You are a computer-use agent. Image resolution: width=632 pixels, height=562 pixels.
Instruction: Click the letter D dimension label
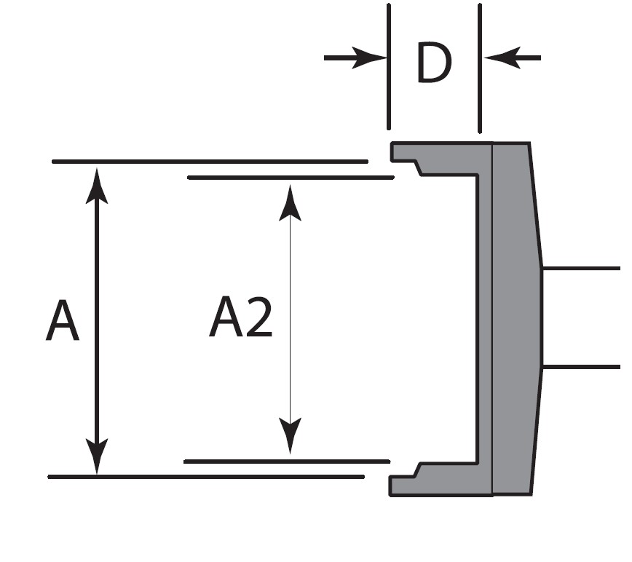[433, 63]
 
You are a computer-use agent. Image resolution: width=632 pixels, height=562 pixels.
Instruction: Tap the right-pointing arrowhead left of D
[368, 58]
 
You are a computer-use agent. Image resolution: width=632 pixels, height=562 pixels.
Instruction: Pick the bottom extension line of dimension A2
[287, 461]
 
